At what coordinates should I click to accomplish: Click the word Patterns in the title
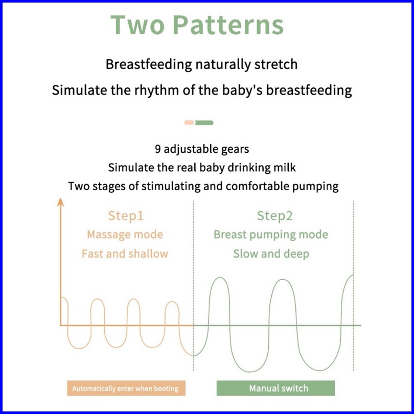[228, 25]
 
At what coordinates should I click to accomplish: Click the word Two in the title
[137, 25]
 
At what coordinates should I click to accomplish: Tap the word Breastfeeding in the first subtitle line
[149, 64]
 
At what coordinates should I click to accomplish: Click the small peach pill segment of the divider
[189, 123]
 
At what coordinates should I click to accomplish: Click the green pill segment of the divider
[204, 123]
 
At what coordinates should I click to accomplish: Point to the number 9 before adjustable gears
[157, 149]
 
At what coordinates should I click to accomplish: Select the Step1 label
[126, 216]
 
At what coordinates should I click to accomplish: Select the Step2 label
[274, 216]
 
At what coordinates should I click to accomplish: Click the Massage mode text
[125, 235]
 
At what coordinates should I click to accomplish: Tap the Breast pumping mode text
[270, 235]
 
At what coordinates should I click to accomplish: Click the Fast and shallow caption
[125, 254]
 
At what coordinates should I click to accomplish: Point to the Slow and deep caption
[271, 254]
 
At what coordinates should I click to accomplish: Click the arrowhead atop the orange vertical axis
[61, 202]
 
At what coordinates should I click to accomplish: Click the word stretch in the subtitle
[276, 64]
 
